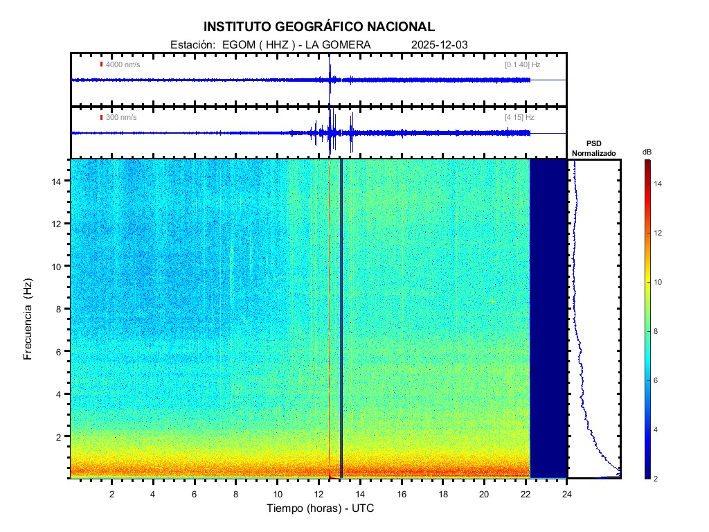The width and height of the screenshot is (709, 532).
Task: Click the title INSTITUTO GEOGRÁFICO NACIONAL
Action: point(318,27)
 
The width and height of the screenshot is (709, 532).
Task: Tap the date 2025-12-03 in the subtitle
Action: point(439,45)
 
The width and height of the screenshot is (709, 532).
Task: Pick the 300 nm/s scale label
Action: point(121,117)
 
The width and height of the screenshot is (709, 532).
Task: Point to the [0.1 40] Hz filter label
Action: point(522,64)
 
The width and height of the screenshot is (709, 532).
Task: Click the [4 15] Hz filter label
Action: point(519,117)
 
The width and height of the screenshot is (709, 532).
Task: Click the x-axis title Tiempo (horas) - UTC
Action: point(321,508)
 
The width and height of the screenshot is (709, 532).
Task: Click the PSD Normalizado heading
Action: point(593,148)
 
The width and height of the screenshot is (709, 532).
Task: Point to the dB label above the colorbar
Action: point(647,151)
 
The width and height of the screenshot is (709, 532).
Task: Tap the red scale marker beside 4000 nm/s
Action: point(101,64)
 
